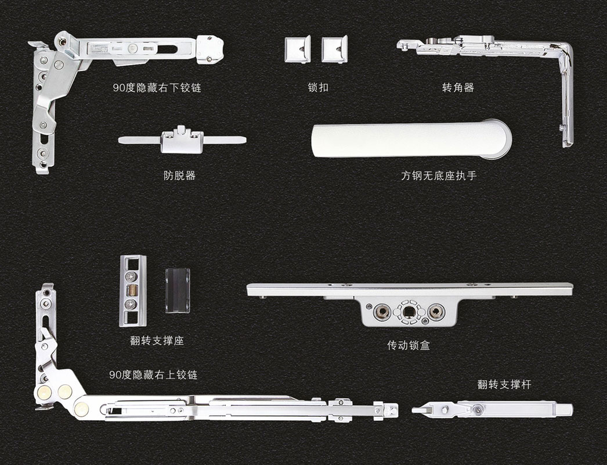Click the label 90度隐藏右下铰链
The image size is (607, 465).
157,88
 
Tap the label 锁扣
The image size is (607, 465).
318,87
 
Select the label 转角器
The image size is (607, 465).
458,87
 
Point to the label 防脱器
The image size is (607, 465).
180,176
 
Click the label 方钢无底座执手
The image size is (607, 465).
439,176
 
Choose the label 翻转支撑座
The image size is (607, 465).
157,341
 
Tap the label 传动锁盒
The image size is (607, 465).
409,345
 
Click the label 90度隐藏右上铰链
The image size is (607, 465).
153,375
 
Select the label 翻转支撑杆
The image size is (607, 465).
504,384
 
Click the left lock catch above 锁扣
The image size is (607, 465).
297,49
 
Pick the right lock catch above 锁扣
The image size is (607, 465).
334,49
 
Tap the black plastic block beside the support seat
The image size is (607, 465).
178,291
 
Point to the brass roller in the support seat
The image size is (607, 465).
133,289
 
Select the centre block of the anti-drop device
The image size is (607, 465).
182,140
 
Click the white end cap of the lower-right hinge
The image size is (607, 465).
209,49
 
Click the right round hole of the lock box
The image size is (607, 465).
436,312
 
